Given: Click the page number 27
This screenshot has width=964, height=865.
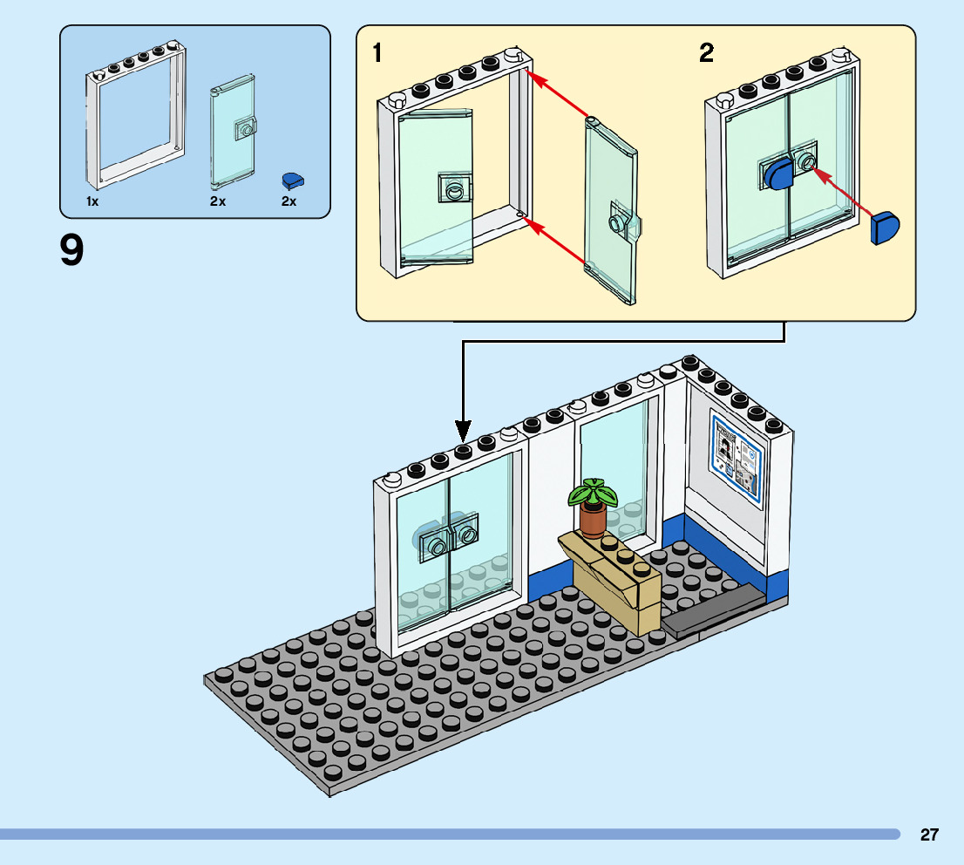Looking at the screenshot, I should (x=929, y=834).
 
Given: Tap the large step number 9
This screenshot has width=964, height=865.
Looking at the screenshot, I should (x=72, y=251).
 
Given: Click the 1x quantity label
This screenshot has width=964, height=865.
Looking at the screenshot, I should (x=92, y=201).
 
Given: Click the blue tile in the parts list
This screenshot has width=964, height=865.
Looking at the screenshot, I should (x=293, y=180).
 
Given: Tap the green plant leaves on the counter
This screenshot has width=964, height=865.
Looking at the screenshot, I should (x=593, y=494).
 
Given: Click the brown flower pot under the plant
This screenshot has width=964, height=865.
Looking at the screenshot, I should (x=593, y=521).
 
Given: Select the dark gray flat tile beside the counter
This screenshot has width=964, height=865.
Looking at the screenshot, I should (x=709, y=610).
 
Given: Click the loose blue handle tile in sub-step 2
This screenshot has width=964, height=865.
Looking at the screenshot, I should (x=886, y=228).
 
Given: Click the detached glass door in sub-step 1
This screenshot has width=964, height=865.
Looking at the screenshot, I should (x=611, y=209).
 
